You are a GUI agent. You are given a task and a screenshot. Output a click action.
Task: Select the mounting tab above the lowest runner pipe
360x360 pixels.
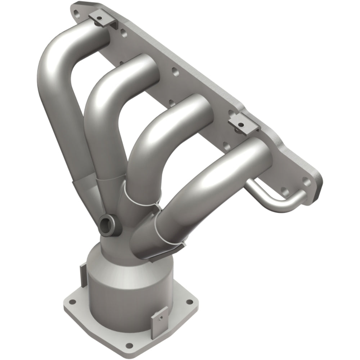[243, 123]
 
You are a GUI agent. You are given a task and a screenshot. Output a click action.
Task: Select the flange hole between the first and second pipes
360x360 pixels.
[123, 35]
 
